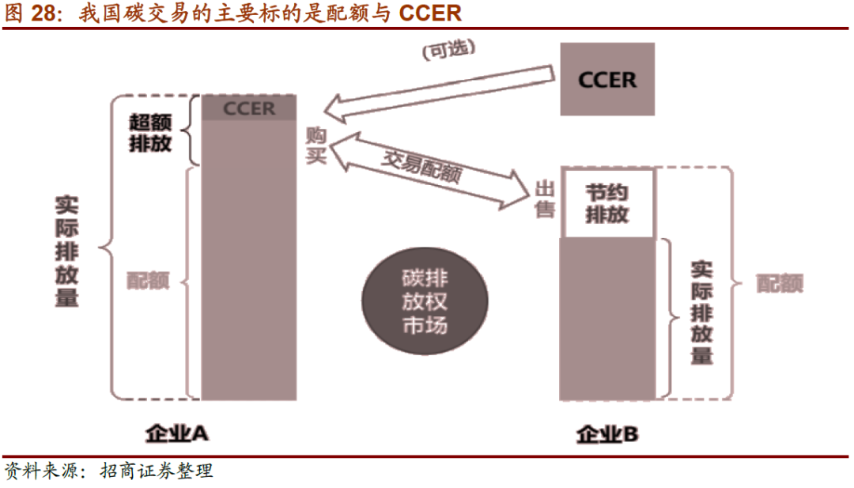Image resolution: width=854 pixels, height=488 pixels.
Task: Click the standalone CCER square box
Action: [x=607, y=79]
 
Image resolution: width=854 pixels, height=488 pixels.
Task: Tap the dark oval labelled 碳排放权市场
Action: [x=425, y=301]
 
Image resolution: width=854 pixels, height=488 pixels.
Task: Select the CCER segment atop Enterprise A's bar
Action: [x=248, y=108]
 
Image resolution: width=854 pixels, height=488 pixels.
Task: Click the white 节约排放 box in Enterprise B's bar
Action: [x=607, y=203]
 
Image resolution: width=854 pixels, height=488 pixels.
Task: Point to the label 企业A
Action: [x=176, y=433]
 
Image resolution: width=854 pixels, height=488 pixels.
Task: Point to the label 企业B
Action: [x=606, y=434]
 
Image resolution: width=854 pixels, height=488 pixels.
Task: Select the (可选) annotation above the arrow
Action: [x=448, y=51]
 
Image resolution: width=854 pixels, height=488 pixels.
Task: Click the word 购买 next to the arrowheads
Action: [x=316, y=146]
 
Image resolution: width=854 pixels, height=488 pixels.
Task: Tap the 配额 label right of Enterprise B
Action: [x=780, y=283]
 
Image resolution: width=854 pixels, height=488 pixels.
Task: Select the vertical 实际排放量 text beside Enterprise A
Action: [x=66, y=252]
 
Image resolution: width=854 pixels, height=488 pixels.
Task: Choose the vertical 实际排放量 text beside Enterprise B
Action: [x=701, y=312]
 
